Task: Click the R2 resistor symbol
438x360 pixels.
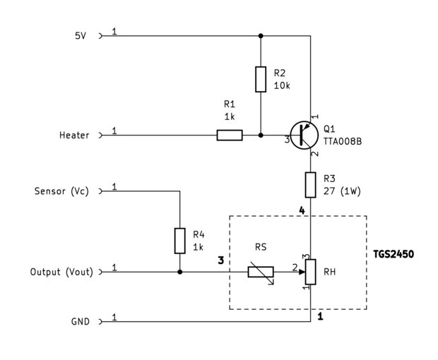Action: click(x=261, y=79)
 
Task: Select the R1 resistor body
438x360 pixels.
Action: click(x=230, y=136)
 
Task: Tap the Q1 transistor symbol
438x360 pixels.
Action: click(x=304, y=136)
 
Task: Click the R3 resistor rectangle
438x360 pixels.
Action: click(x=310, y=185)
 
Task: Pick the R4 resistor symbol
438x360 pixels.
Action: click(x=179, y=241)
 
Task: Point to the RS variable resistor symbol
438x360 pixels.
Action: click(x=261, y=272)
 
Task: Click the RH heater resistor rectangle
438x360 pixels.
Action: click(x=310, y=272)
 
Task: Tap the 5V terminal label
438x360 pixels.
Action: click(x=81, y=36)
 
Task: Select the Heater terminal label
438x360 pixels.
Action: click(x=74, y=136)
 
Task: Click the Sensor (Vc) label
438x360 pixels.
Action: click(x=61, y=191)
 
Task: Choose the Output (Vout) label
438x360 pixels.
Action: click(x=61, y=272)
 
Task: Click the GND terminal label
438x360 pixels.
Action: click(x=81, y=321)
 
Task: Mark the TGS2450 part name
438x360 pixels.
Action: click(x=393, y=254)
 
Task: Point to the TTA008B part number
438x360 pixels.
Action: click(x=343, y=141)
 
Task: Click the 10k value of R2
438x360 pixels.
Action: click(x=282, y=85)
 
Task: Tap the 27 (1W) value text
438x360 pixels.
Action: click(x=342, y=191)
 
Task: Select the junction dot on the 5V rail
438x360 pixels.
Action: click(x=261, y=36)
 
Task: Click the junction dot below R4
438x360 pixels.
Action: click(x=180, y=272)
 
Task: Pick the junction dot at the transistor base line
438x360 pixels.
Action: click(x=261, y=136)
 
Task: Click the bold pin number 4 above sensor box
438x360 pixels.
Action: click(x=302, y=210)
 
